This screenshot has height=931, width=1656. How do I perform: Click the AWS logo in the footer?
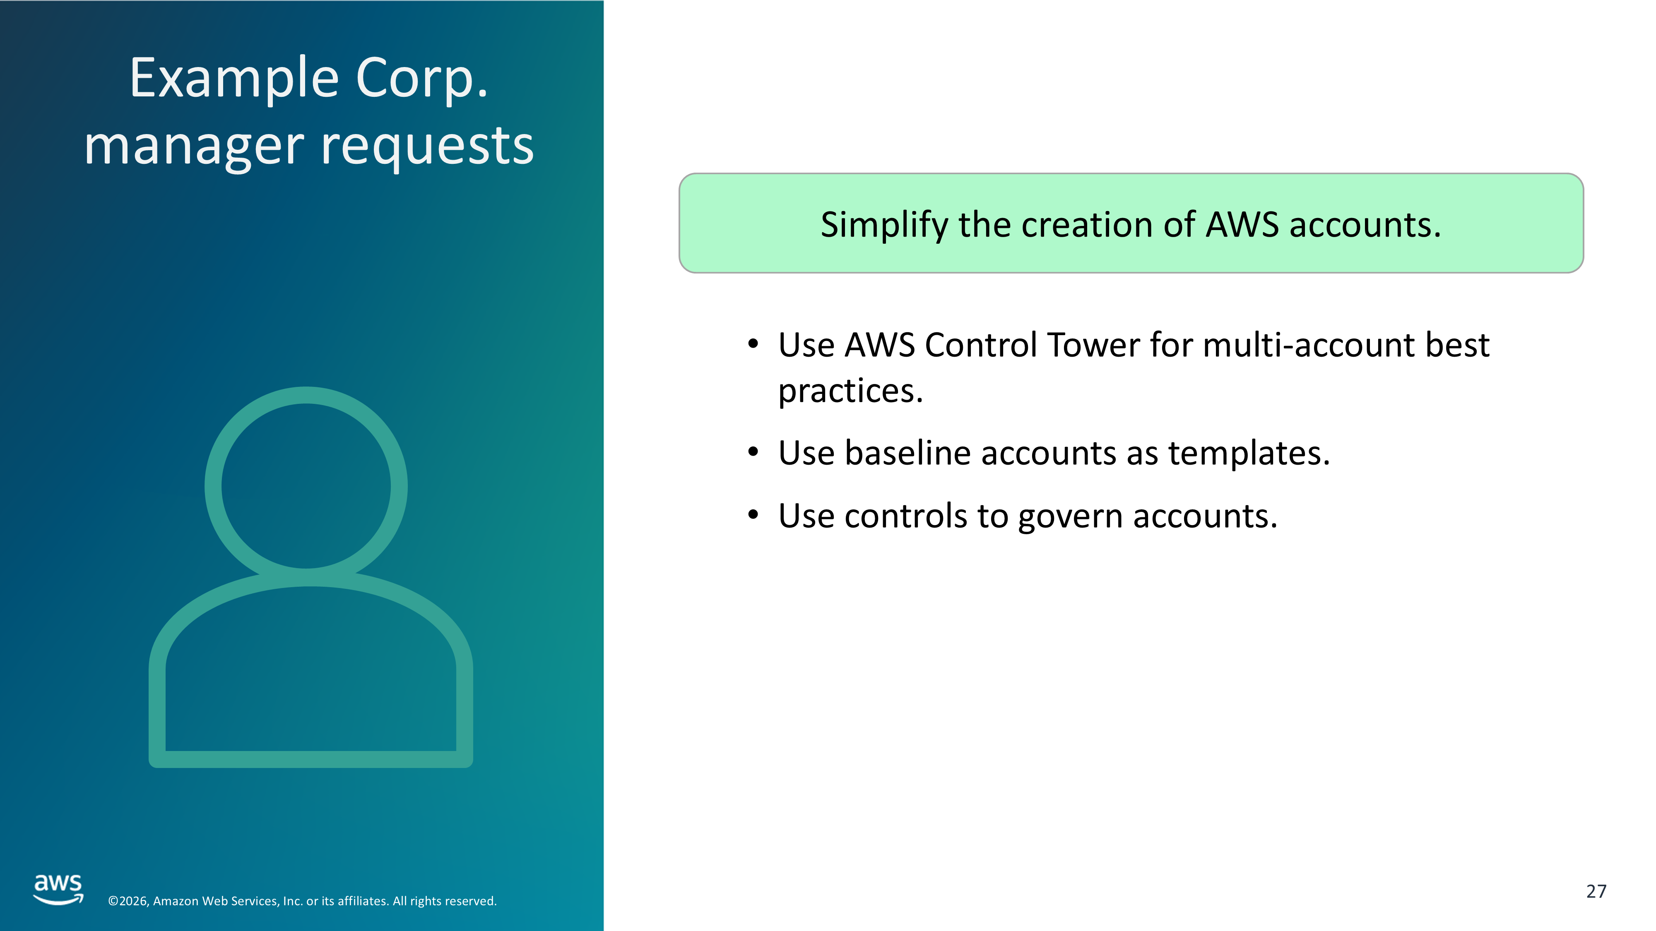[58, 889]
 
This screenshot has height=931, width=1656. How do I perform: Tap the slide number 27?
[1596, 891]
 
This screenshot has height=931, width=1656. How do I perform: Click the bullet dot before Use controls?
[753, 515]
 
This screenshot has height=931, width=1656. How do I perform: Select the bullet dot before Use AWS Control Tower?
[753, 344]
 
